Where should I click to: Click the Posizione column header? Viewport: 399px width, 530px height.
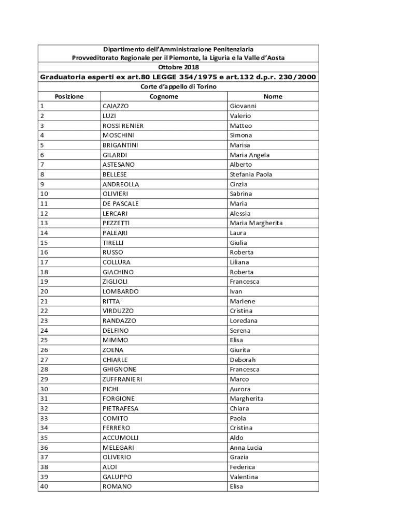click(x=69, y=97)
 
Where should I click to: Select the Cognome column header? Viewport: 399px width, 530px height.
click(x=164, y=97)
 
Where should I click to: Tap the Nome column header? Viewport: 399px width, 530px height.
click(x=273, y=97)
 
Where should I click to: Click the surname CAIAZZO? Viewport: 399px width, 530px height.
click(x=116, y=106)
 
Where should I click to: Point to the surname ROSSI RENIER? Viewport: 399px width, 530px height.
click(x=123, y=126)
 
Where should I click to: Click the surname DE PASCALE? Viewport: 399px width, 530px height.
click(x=120, y=204)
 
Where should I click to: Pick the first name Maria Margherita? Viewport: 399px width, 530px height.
click(x=256, y=223)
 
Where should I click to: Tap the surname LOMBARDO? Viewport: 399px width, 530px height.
click(x=120, y=291)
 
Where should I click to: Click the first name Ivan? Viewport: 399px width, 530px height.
click(x=236, y=291)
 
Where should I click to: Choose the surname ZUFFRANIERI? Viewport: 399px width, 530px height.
click(x=122, y=379)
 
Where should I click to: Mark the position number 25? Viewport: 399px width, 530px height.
click(x=44, y=340)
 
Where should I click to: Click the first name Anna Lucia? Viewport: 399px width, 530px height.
click(x=246, y=448)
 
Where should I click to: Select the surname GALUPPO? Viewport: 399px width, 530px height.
click(x=117, y=477)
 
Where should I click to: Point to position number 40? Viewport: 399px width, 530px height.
click(x=44, y=487)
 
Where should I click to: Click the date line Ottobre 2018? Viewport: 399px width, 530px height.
click(x=178, y=67)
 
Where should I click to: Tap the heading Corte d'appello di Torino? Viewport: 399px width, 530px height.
click(x=178, y=87)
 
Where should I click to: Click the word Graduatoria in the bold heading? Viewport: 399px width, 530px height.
click(x=65, y=77)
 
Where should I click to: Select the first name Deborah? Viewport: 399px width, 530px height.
click(x=243, y=360)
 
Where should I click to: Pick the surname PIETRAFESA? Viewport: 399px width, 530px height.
click(x=120, y=408)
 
